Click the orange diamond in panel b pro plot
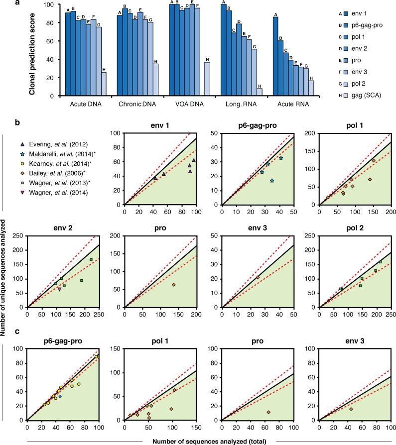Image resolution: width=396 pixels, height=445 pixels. [x=173, y=284]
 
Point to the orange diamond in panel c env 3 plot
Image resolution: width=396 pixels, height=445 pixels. [x=351, y=409]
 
